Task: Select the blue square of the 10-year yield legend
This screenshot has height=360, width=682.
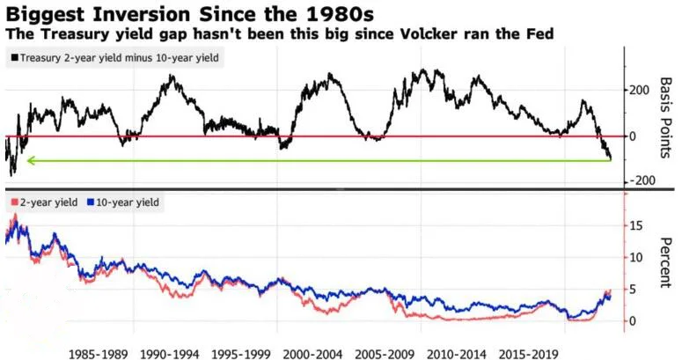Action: [90, 202]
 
